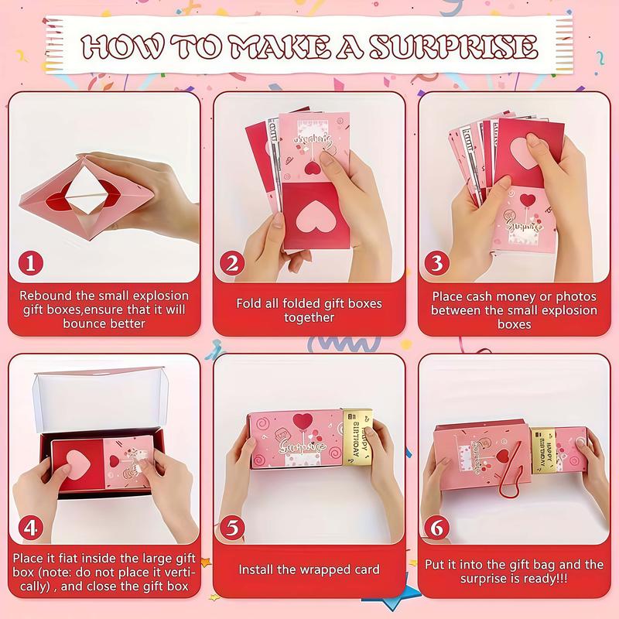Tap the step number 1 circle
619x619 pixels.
[30, 263]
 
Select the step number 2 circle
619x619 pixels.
[231, 263]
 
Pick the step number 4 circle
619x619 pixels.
[30, 528]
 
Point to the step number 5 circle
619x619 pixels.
[231, 528]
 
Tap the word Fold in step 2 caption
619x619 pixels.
[249, 303]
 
